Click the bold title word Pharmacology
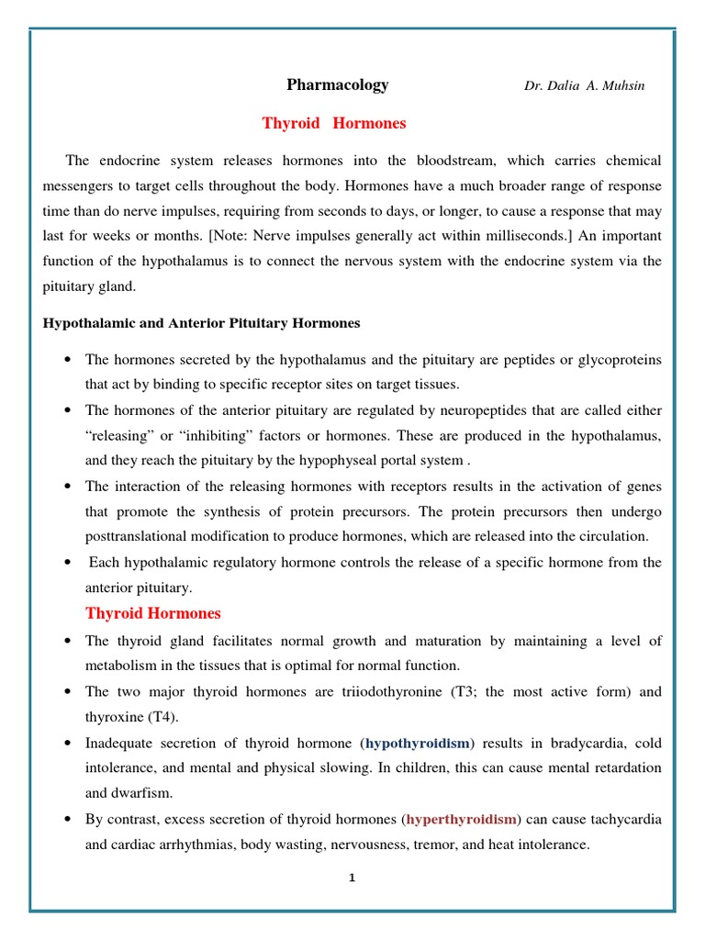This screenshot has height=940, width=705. coord(337,85)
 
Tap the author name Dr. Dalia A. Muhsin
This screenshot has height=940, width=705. coord(584,86)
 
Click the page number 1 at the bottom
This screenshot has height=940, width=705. coord(352,878)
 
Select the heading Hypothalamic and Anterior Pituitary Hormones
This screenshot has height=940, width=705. coord(202,323)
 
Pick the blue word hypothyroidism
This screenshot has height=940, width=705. coord(418,743)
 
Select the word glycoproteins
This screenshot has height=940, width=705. coord(617,358)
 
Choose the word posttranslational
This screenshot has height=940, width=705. coord(138,536)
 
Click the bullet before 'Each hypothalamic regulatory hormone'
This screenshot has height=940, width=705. coord(69,563)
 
